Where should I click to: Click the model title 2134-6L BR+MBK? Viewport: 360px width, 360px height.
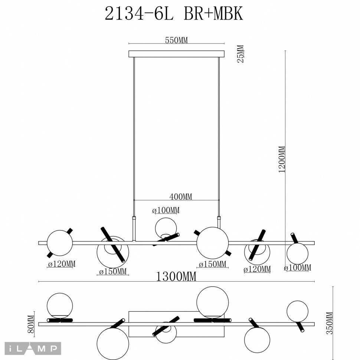click(174, 14)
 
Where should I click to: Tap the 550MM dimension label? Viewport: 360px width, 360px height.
click(176, 40)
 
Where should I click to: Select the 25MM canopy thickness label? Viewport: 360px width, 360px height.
click(240, 54)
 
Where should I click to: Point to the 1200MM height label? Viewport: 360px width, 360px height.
click(282, 159)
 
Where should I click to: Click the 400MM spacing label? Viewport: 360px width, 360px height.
click(181, 197)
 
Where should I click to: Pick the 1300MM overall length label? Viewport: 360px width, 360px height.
click(176, 276)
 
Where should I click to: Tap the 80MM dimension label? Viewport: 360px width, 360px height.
click(31, 324)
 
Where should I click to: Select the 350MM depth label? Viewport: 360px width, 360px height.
click(330, 323)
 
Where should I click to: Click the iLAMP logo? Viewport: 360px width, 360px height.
click(33, 348)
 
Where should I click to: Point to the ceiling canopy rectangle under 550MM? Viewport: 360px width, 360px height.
click(176, 54)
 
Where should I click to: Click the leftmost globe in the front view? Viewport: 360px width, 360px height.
click(60, 243)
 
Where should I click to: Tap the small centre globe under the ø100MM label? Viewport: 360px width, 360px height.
click(166, 228)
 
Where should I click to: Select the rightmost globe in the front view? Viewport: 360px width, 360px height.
click(298, 254)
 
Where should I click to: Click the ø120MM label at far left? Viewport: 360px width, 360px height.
click(62, 264)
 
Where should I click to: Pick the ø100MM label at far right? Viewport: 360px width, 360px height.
click(298, 268)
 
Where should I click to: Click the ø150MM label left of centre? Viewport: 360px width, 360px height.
click(113, 272)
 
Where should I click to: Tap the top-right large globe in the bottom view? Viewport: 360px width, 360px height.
click(213, 302)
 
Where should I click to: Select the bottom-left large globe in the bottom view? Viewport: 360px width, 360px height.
click(113, 344)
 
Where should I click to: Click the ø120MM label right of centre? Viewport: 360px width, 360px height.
click(257, 269)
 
